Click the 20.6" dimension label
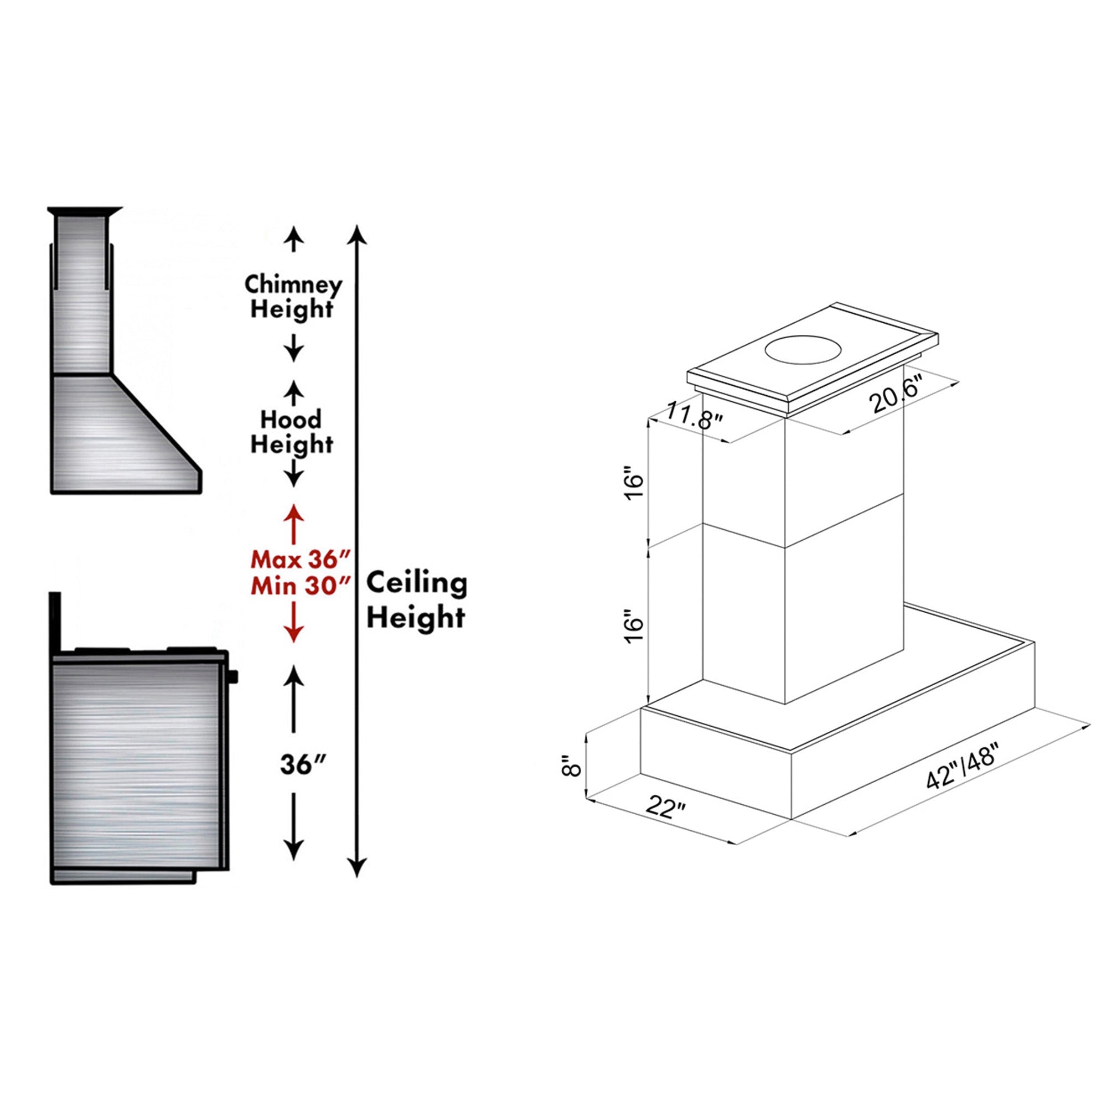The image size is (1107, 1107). [x=895, y=395]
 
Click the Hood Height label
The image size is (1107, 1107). [x=292, y=432]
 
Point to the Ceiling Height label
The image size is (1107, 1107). [x=417, y=601]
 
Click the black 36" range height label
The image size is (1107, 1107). [x=303, y=764]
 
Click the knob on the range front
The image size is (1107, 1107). [x=234, y=676]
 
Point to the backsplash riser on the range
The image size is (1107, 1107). [x=55, y=622]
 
